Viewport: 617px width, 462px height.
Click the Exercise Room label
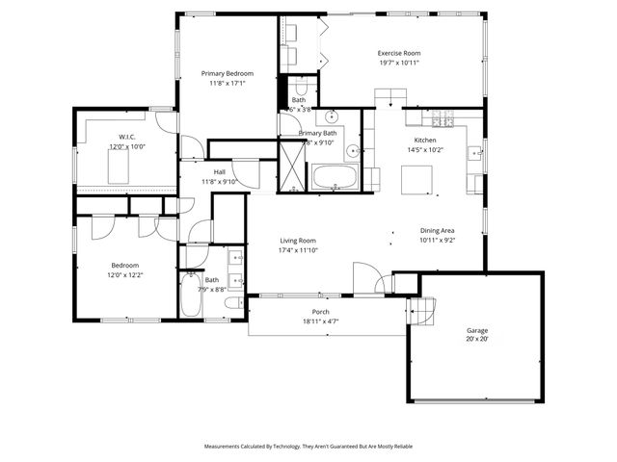coord(398,53)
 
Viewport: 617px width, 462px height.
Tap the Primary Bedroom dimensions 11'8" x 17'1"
coord(227,84)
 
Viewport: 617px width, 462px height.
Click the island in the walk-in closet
coord(120,168)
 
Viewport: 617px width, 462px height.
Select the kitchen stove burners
coord(443,118)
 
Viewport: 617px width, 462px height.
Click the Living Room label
coord(298,241)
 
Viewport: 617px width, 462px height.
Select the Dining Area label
coord(437,231)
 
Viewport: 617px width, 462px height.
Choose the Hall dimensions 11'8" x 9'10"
coord(219,181)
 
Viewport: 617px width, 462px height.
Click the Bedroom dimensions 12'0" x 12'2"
coord(125,274)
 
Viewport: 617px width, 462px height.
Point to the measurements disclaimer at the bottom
coord(308,447)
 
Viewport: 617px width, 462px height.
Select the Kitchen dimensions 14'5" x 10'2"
coord(424,149)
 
